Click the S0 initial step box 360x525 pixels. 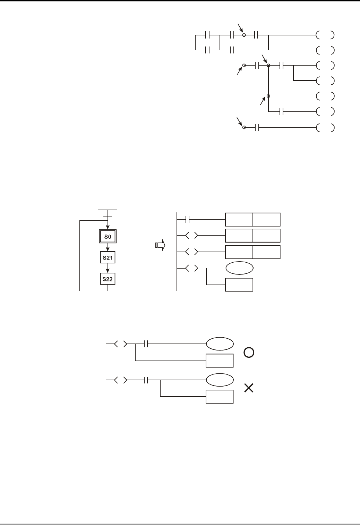pos(108,237)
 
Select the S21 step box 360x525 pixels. pos(108,258)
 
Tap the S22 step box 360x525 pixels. pos(108,279)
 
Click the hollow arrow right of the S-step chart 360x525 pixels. pos(160,245)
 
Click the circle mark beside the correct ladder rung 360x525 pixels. pos(249,353)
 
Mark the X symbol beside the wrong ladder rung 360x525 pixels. pos(249,388)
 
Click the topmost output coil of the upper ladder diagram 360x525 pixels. pos(325,35)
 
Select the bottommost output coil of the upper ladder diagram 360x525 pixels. pos(325,128)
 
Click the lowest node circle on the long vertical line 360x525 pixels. pos(244,128)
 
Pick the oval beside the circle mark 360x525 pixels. pos(220,344)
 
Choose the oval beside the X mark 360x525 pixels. pos(220,380)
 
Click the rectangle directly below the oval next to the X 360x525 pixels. pos(220,397)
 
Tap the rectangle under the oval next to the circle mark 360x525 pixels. pos(220,361)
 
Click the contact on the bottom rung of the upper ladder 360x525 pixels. pos(257,128)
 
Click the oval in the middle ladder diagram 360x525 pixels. pos(239,268)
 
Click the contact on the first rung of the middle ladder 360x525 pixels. pos(188,219)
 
